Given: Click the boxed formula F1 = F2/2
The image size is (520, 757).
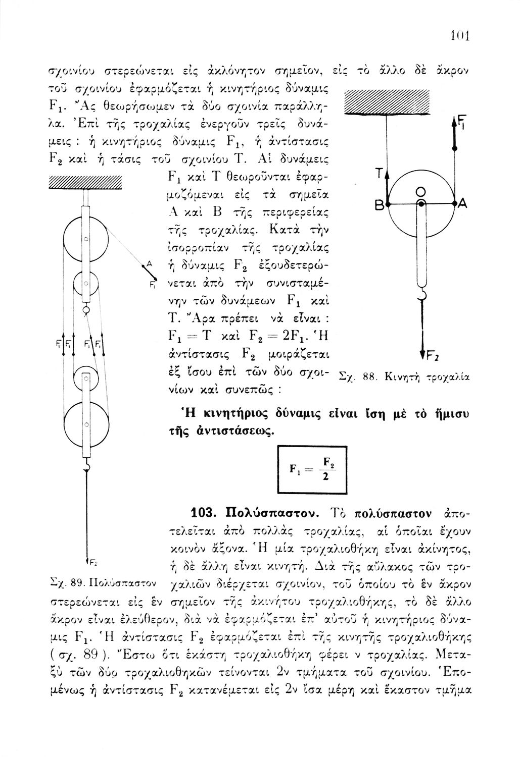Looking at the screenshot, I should point(309,471).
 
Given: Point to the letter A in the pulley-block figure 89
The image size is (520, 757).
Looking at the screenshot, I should point(149,262).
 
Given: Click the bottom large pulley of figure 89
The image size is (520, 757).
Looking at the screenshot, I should point(86,424).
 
